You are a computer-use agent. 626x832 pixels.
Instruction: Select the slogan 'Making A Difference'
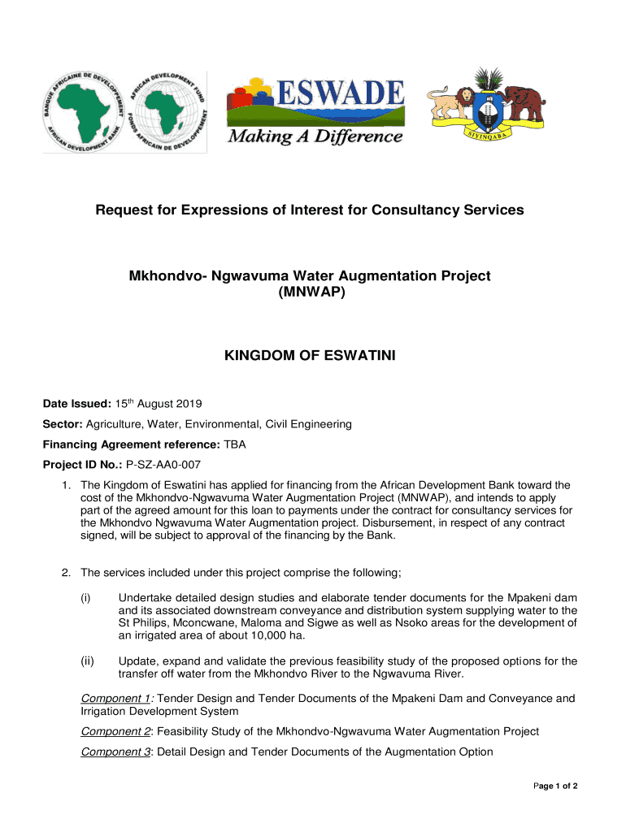(x=315, y=136)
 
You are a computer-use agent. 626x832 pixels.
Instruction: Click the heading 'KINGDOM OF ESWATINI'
(x=310, y=354)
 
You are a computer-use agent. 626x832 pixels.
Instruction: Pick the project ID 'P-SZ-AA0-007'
(x=163, y=465)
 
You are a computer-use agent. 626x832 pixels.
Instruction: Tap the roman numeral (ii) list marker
(x=86, y=661)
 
